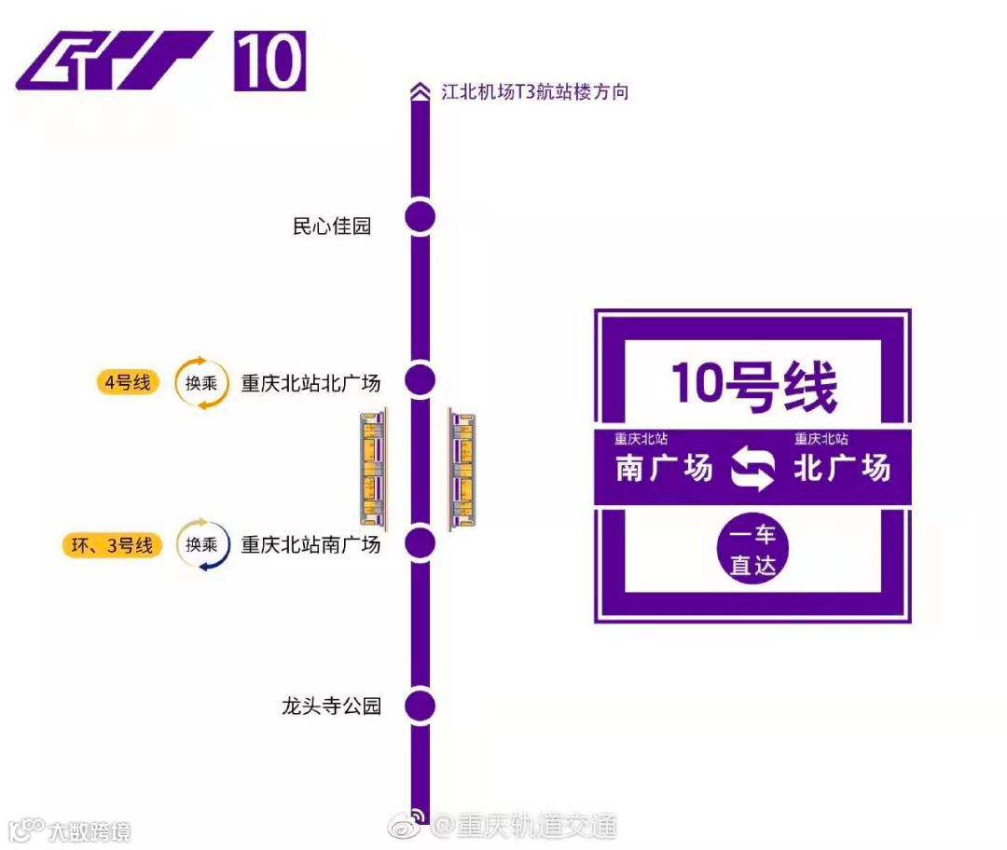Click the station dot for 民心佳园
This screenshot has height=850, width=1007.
point(421,217)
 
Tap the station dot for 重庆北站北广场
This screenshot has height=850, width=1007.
point(421,380)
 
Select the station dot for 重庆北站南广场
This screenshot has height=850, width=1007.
point(421,542)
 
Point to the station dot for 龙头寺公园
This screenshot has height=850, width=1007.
point(421,706)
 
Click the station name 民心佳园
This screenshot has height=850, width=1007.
point(332,226)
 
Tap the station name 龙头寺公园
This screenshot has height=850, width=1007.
point(332,706)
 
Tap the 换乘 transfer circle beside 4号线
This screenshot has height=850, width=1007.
point(201,382)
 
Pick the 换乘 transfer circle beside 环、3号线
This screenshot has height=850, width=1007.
point(201,545)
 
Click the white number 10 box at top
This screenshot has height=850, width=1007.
point(269,62)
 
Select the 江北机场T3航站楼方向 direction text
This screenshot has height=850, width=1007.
point(533,92)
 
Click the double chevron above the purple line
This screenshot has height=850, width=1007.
point(419,91)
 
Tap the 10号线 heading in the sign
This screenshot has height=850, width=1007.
point(753,385)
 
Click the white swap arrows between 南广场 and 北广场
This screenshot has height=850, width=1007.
point(752,468)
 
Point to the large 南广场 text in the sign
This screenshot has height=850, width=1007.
point(664,468)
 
